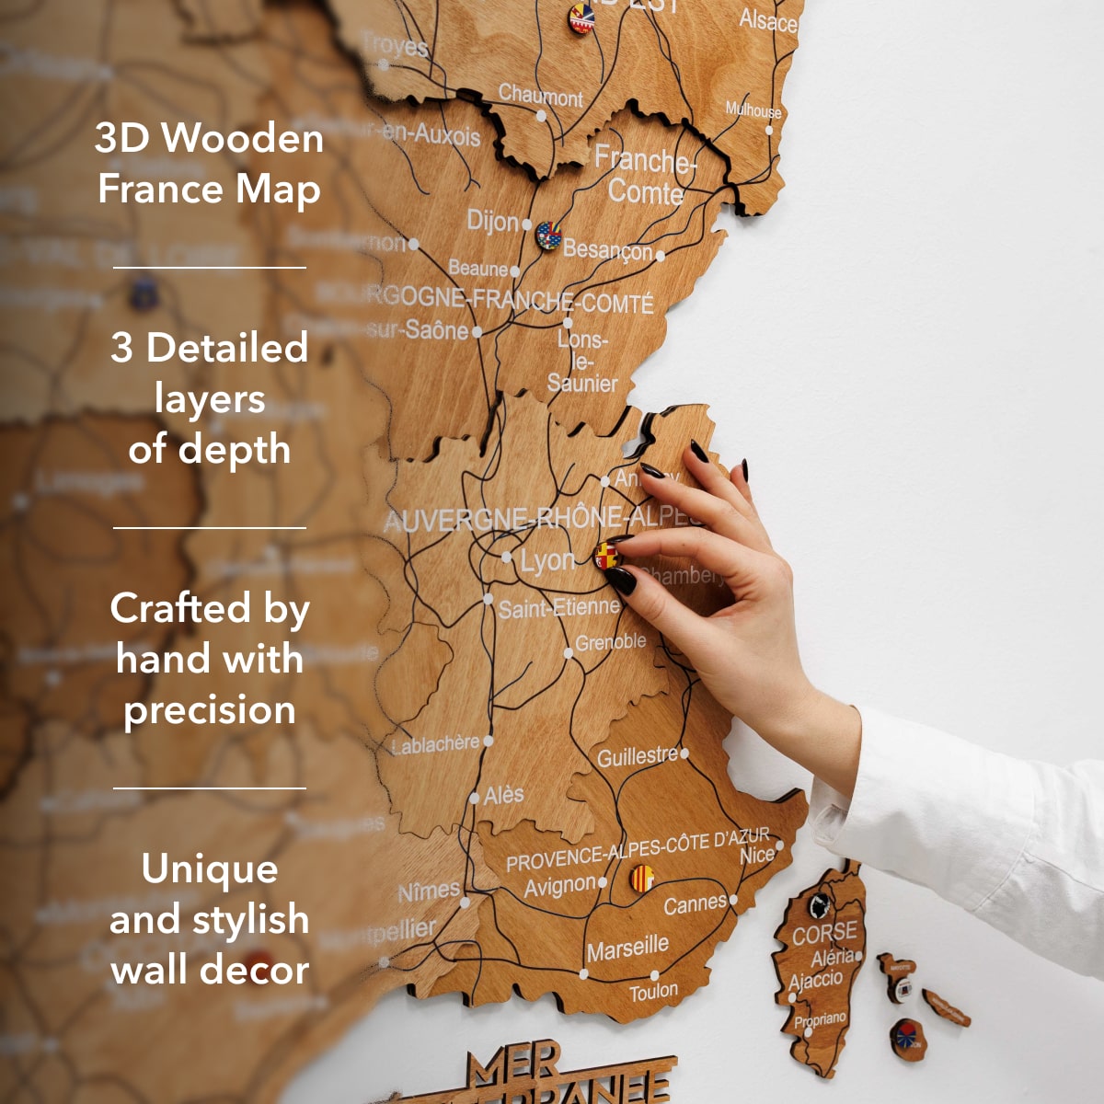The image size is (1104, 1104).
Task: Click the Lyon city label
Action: (x=548, y=560)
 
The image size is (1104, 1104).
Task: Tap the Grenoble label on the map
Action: (x=610, y=642)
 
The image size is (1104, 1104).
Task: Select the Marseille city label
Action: (x=627, y=948)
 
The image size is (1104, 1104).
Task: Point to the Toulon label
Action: (x=653, y=992)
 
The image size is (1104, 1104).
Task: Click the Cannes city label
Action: (x=696, y=904)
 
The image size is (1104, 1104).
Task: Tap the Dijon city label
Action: (x=493, y=221)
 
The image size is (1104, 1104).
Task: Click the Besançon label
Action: (x=607, y=249)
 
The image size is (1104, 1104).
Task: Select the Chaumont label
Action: (x=541, y=95)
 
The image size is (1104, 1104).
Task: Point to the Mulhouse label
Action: (x=753, y=110)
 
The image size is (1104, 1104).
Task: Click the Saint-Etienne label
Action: (x=559, y=607)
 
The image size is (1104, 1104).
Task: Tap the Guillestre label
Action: (x=638, y=757)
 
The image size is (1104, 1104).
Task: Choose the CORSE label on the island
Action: (x=824, y=934)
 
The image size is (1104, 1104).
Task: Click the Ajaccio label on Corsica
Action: (x=815, y=979)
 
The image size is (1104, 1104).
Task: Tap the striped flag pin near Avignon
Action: (x=641, y=879)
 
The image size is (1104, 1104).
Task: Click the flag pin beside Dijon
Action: (x=548, y=236)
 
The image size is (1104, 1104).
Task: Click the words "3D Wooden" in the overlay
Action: (x=209, y=138)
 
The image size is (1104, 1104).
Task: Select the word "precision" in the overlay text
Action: (x=210, y=709)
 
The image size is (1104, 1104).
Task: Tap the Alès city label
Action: (x=504, y=795)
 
